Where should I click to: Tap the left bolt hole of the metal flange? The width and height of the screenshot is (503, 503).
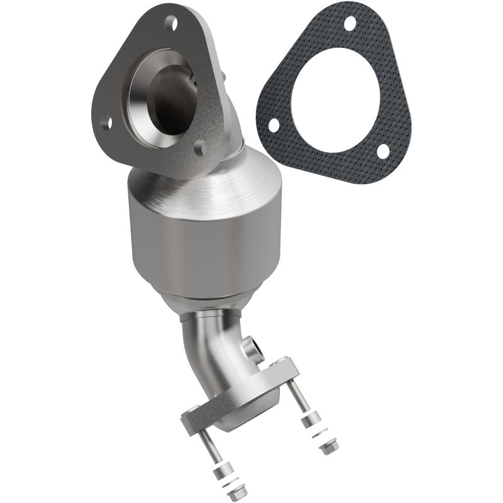click(x=107, y=123)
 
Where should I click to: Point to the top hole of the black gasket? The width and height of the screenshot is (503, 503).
click(x=350, y=23)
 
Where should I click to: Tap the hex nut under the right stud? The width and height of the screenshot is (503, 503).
click(x=328, y=448)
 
